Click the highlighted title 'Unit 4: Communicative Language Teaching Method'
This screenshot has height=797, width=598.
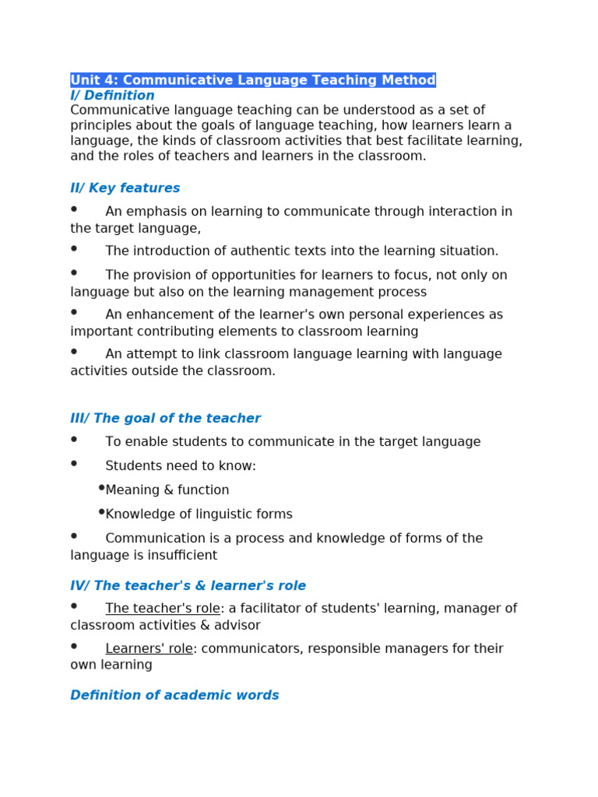point(253,80)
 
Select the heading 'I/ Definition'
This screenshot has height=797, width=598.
point(112,96)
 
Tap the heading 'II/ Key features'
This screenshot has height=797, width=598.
point(125,188)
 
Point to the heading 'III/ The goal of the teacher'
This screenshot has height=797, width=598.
point(165,419)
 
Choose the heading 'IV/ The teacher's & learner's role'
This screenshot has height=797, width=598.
point(188,586)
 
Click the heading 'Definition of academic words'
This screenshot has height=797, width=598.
point(174,696)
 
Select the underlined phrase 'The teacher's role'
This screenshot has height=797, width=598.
point(163,609)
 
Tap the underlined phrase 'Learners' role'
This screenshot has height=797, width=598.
point(149,649)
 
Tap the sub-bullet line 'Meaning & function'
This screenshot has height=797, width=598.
point(167,490)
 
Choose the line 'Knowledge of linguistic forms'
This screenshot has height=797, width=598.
point(199,514)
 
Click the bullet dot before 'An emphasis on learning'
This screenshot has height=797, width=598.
point(74,209)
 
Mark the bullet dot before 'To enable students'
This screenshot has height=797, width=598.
point(74,440)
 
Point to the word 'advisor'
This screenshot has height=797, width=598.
point(236,626)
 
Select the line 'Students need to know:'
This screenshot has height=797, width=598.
point(181,466)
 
